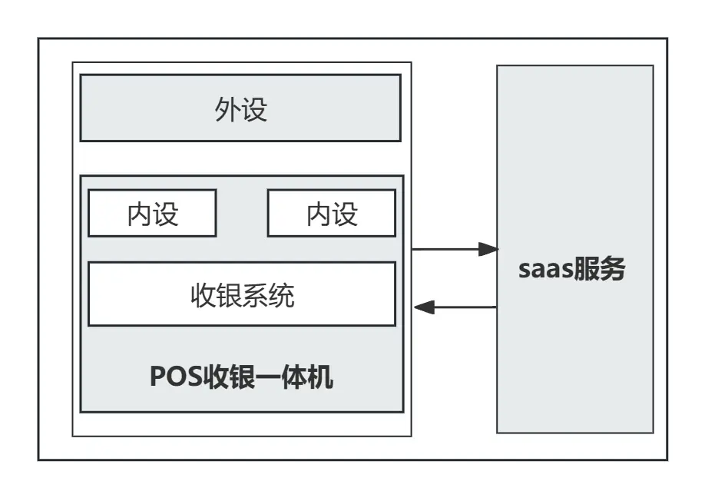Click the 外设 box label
[x=240, y=109]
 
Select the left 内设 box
[x=152, y=213]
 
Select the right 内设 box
[x=331, y=213]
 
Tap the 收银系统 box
[x=242, y=294]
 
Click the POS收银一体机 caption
[x=241, y=377]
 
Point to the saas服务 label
[x=572, y=270]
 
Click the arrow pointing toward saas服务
[x=453, y=249]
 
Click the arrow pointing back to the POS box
[x=455, y=307]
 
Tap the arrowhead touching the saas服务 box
[x=488, y=249]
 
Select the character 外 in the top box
[x=227, y=109]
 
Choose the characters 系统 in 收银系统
[x=268, y=294]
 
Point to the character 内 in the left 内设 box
[x=139, y=213]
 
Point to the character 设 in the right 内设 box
[x=345, y=213]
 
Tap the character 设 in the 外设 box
[x=254, y=109]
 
